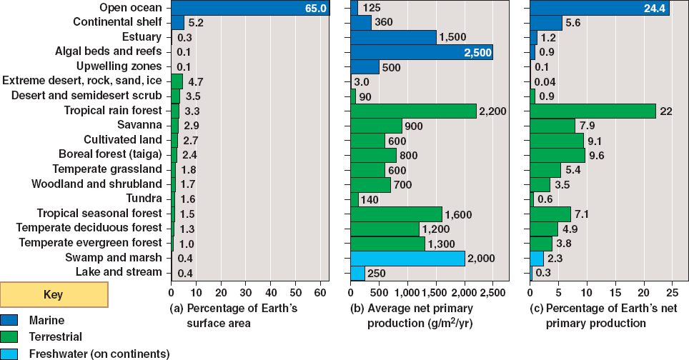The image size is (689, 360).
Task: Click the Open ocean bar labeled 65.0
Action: tap(250, 8)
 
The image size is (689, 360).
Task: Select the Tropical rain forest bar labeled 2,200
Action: tap(414, 111)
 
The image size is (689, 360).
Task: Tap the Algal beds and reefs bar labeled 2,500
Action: tap(422, 52)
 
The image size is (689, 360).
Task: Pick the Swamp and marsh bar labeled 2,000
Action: tap(408, 258)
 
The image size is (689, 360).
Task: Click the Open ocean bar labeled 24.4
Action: tap(600, 8)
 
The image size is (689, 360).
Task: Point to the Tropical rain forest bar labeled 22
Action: tap(593, 111)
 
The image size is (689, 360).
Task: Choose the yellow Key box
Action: tap(54, 294)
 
